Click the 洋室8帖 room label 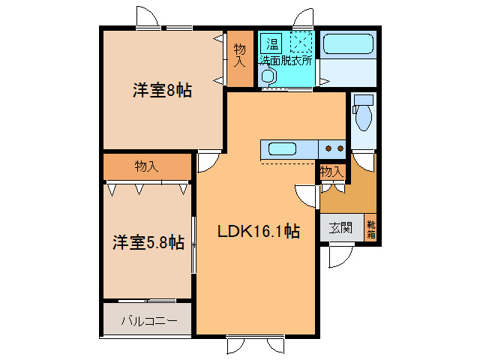point(163,91)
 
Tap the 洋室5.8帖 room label point(148,242)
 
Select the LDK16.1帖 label point(259,232)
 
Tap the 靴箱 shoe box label point(370,228)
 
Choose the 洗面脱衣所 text point(286,61)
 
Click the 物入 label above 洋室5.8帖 point(147,166)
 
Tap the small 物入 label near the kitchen point(331,172)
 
